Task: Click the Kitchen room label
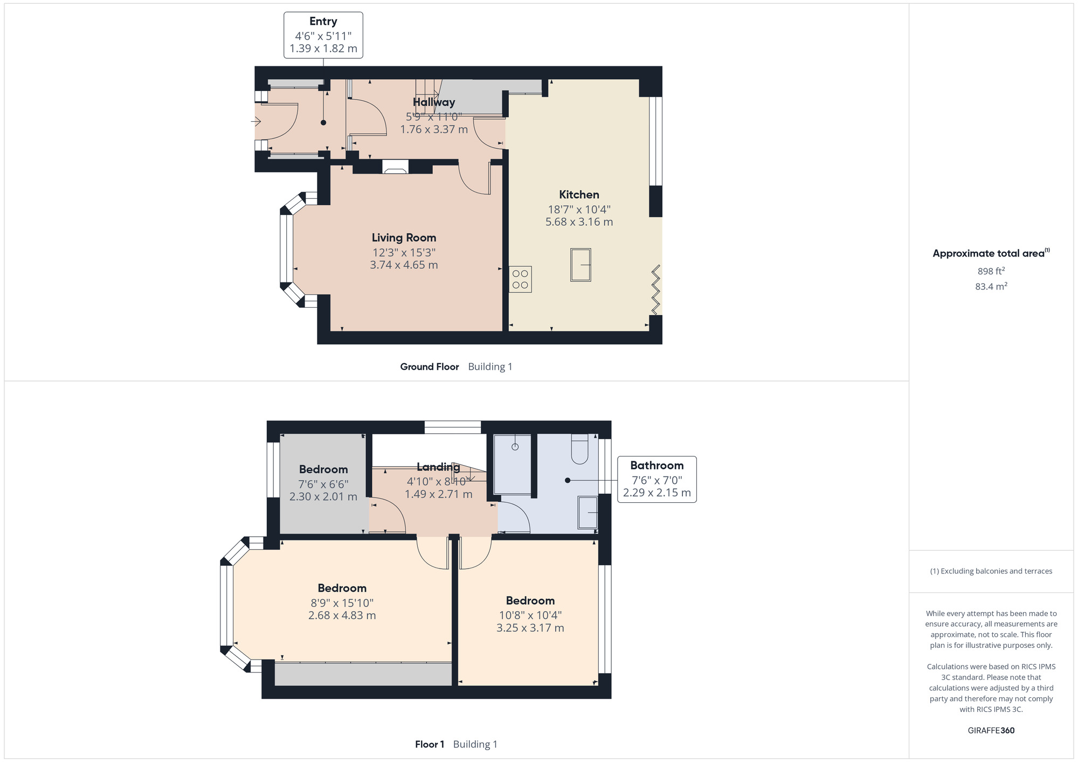(579, 195)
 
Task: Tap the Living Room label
(404, 238)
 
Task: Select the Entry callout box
(323, 35)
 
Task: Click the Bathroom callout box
(657, 480)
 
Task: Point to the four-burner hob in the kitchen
(520, 279)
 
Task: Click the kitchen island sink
(581, 265)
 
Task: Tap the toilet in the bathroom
(579, 449)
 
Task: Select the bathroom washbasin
(588, 512)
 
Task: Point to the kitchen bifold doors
(656, 289)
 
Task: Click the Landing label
(438, 467)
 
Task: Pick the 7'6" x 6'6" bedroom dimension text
(323, 484)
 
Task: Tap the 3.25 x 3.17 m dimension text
(530, 628)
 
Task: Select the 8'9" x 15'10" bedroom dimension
(342, 603)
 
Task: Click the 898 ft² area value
(991, 271)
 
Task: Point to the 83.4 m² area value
(991, 286)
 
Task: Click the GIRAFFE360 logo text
(991, 731)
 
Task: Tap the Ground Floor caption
(430, 366)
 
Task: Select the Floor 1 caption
(430, 744)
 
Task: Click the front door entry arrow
(256, 122)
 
